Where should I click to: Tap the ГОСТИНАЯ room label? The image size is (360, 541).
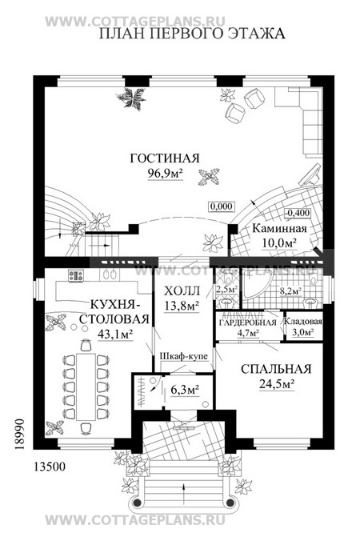pyautogui.click(x=165, y=158)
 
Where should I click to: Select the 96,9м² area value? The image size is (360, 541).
pyautogui.click(x=165, y=174)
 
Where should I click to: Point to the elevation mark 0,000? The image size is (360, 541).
pyautogui.click(x=221, y=206)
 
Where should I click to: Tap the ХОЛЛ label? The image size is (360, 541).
pyautogui.click(x=178, y=291)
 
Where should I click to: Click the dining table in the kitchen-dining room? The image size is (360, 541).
pyautogui.click(x=85, y=378)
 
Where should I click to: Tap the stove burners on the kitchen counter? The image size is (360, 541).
pyautogui.click(x=77, y=276)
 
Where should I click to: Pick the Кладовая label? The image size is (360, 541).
pyautogui.click(x=306, y=323)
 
